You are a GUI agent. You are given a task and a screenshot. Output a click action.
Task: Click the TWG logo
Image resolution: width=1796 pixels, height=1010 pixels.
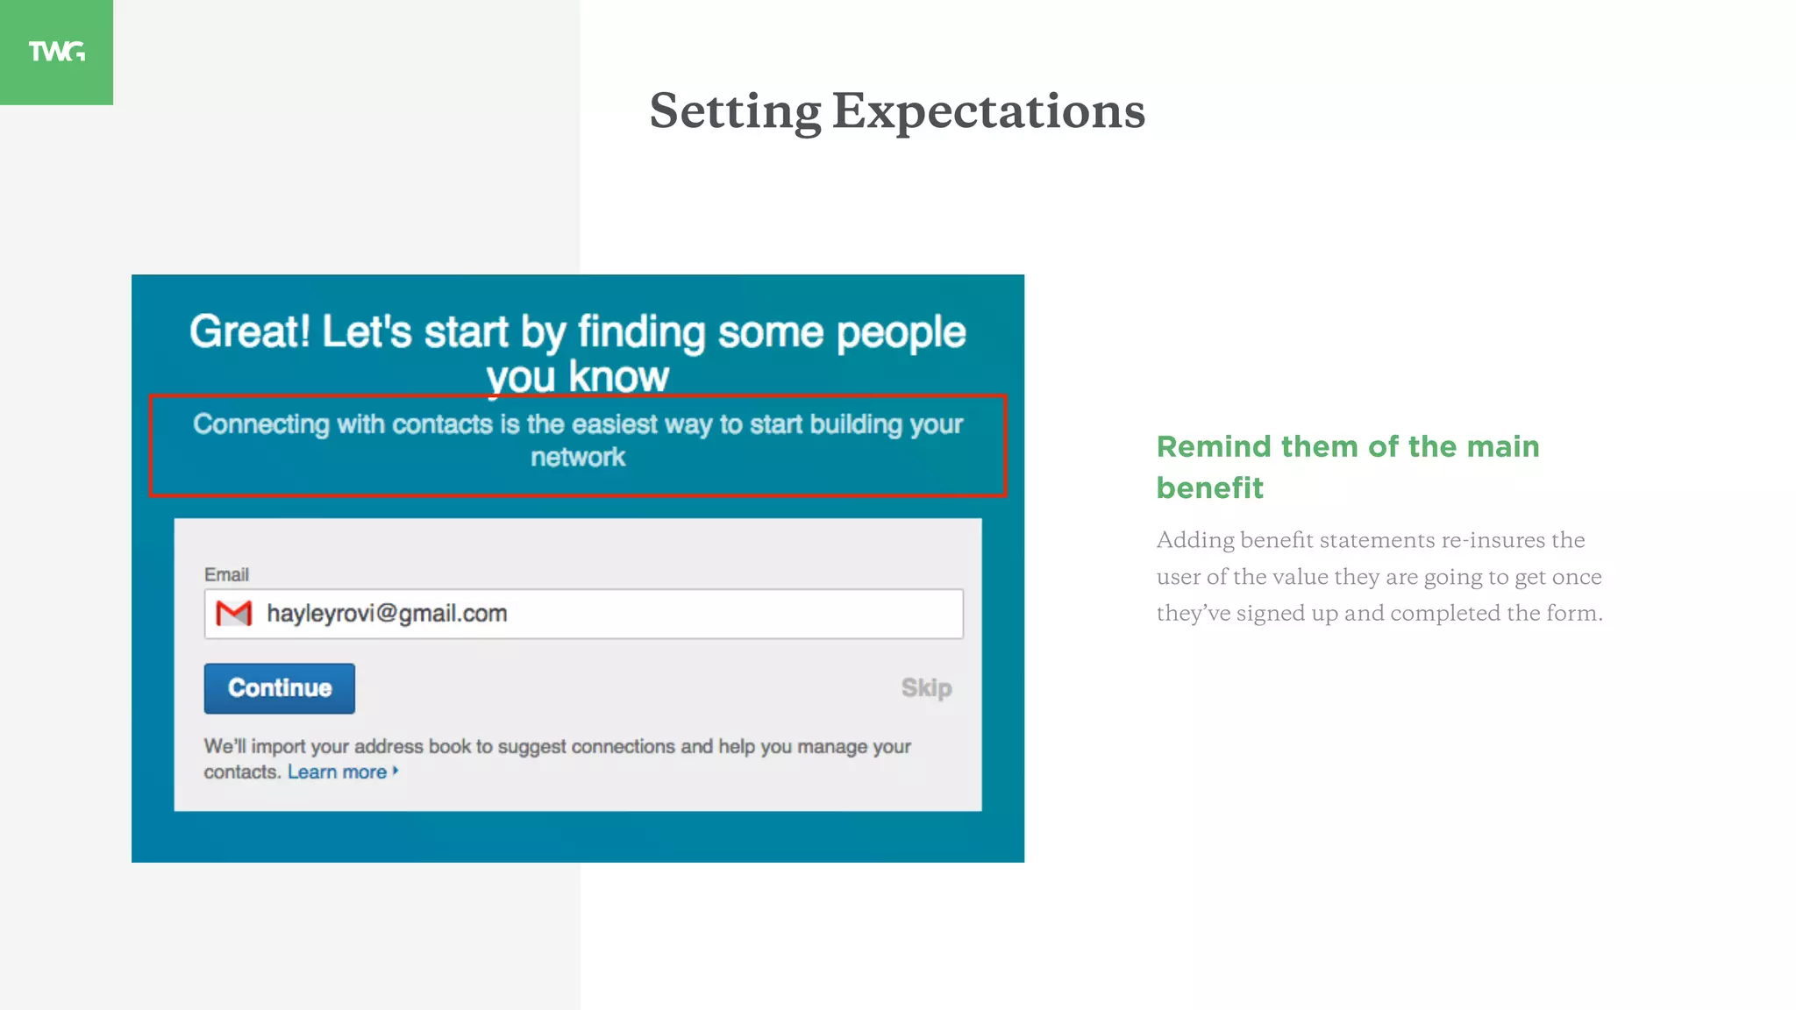click(56, 52)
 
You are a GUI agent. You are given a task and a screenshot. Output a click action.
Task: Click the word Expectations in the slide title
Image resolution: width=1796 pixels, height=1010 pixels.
click(988, 111)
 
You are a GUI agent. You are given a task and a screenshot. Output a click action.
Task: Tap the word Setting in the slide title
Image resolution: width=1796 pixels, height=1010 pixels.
click(735, 111)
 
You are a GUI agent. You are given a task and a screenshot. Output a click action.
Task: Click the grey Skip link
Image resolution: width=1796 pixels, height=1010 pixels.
click(926, 688)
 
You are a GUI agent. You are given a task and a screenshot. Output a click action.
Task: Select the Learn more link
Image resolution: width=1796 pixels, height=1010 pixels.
click(337, 772)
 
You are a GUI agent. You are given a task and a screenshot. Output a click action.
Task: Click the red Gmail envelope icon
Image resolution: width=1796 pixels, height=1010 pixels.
click(234, 614)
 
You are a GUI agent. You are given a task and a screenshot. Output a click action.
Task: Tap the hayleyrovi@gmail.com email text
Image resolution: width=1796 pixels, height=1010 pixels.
click(387, 614)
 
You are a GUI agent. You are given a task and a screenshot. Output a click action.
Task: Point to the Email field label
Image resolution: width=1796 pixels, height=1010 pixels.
click(226, 575)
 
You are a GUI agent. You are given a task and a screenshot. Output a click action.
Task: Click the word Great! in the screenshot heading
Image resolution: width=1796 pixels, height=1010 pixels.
click(250, 332)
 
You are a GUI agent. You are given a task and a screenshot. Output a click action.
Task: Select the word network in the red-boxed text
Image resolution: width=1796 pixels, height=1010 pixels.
click(578, 458)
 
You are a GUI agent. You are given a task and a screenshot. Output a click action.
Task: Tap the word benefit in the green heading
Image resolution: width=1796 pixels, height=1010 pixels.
click(1209, 488)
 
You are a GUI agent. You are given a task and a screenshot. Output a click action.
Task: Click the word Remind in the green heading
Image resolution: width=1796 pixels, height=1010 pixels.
click(1214, 447)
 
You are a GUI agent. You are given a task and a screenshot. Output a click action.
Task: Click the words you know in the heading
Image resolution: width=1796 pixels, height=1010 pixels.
click(578, 377)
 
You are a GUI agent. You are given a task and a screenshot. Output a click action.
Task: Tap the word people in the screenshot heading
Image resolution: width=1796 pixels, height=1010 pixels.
click(901, 332)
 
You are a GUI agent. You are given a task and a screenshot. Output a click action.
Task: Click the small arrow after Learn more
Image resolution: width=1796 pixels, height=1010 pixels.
click(396, 772)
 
